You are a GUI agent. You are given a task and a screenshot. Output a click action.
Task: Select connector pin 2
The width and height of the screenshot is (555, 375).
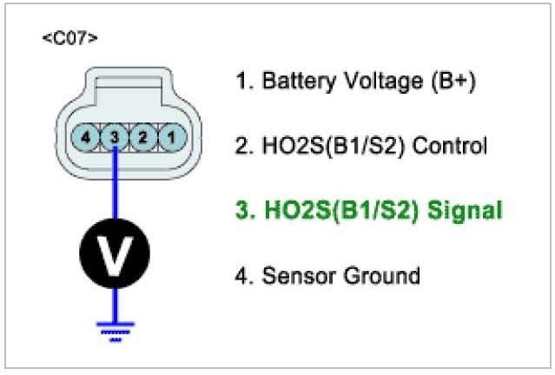pyautogui.click(x=143, y=136)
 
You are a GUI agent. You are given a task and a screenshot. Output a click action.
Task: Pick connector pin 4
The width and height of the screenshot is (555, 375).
pyautogui.click(x=85, y=136)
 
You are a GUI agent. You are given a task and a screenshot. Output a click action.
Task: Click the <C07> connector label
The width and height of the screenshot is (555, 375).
pyautogui.click(x=69, y=39)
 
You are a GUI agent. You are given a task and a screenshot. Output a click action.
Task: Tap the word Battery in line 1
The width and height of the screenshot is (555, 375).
pyautogui.click(x=292, y=82)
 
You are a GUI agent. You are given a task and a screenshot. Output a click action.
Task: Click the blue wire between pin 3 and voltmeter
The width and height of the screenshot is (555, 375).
pyautogui.click(x=115, y=187)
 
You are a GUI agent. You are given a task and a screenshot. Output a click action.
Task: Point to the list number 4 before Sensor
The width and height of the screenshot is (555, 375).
pyautogui.click(x=241, y=276)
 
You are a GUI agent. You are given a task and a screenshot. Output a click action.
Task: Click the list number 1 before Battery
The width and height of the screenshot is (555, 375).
pyautogui.click(x=241, y=82)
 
